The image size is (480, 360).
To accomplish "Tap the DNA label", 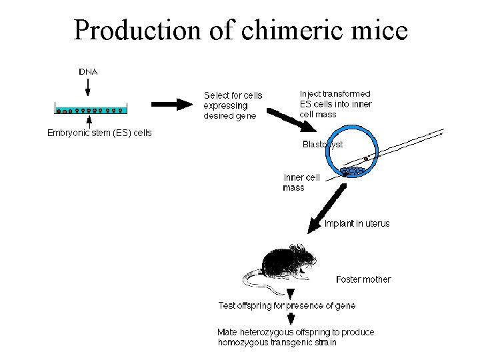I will pos(89,71).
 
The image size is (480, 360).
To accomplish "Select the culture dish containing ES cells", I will pos(90,109).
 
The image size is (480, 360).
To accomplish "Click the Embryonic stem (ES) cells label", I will pos(99,133).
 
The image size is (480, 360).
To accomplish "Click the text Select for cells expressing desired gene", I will pos(233,105).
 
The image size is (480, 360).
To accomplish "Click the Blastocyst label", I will pos(323,144).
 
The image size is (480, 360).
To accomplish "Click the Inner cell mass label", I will pos(301,182).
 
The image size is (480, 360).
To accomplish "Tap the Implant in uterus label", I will pos(357,223).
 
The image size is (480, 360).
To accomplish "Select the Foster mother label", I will pos(363,279).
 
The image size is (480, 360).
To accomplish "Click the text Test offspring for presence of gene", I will pos(287,305).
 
